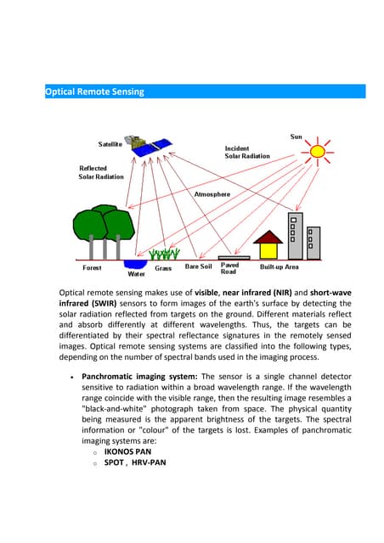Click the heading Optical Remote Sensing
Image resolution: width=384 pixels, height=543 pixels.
coord(94,92)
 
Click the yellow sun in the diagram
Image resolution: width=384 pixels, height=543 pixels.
coord(318,152)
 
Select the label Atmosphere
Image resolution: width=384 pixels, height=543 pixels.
coord(212,194)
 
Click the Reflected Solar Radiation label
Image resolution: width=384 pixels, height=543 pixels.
coord(101,172)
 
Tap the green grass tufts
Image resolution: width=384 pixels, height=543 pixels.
coord(164,253)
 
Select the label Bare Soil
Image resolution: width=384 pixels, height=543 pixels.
coord(198,267)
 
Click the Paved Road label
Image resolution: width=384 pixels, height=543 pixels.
coord(229,268)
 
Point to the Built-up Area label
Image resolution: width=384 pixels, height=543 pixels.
coord(279,267)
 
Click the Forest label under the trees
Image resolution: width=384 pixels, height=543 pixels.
coord(92,268)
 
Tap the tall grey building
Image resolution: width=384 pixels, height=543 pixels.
coord(296,229)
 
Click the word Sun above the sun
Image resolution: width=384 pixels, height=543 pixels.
coord(296,136)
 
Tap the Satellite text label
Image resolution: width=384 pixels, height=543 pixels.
coord(110,144)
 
